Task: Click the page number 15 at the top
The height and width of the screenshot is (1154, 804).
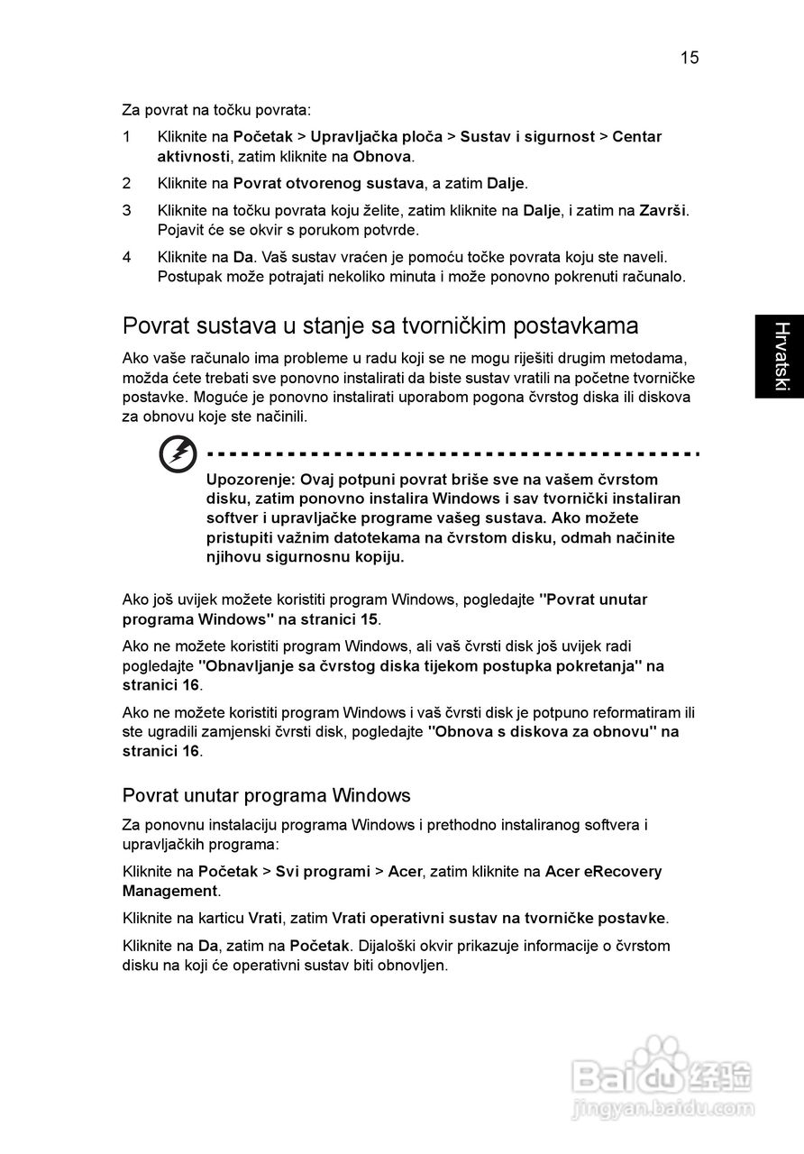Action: [690, 59]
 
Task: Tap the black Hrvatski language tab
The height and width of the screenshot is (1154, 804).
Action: [780, 356]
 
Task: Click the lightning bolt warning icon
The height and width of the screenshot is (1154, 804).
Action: [178, 454]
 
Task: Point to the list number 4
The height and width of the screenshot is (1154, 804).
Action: [127, 258]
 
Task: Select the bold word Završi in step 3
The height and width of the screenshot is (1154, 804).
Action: [662, 211]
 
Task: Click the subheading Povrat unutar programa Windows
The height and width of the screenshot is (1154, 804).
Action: [267, 795]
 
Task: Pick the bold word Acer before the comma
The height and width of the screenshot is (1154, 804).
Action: [405, 872]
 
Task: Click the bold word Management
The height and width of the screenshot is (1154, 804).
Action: [169, 892]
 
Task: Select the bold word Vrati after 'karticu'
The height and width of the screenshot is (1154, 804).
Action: [265, 919]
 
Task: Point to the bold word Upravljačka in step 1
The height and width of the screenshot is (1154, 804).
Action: [376, 137]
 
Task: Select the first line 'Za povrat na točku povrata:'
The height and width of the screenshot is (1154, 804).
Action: [216, 110]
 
